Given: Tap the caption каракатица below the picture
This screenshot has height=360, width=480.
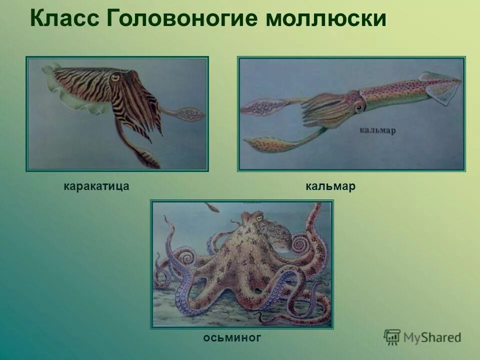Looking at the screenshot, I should coord(96,186).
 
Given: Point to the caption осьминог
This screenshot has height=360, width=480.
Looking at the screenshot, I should coord(232,338).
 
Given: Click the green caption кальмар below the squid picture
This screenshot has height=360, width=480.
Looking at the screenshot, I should coord(330,186).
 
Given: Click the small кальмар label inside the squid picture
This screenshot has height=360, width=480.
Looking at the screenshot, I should coord(377,130).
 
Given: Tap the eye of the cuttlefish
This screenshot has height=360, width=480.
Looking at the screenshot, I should coord(116,77).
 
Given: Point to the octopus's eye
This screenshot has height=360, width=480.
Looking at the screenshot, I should coord(258,215).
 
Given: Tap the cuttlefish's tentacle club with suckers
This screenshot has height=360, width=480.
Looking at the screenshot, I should coord(190,115).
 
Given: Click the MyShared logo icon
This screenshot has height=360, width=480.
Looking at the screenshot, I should coord(392,337).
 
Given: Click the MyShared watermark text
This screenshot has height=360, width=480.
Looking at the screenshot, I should coord(432,337).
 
